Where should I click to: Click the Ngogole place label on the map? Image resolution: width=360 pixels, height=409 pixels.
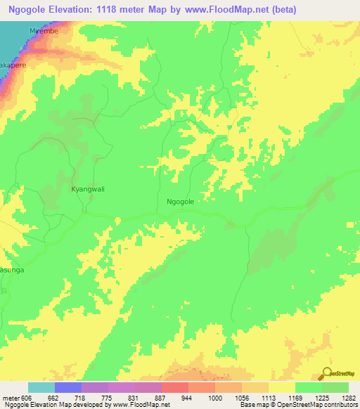[x=180, y=201]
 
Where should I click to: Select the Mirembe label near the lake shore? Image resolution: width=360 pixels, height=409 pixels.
[x=41, y=32]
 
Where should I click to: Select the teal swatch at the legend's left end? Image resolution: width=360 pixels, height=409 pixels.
[x=41, y=387]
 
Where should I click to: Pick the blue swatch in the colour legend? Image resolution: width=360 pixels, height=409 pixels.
[x=67, y=387]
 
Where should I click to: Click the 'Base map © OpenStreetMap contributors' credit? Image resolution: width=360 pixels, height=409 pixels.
[x=298, y=405]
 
